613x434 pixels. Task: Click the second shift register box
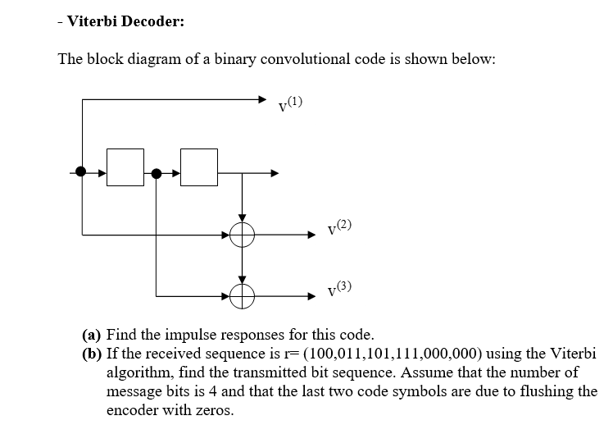point(199,172)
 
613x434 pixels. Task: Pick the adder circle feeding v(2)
point(242,235)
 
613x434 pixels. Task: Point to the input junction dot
point(80,172)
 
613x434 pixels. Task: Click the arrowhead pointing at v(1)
point(262,100)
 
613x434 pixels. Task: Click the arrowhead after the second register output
point(274,173)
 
